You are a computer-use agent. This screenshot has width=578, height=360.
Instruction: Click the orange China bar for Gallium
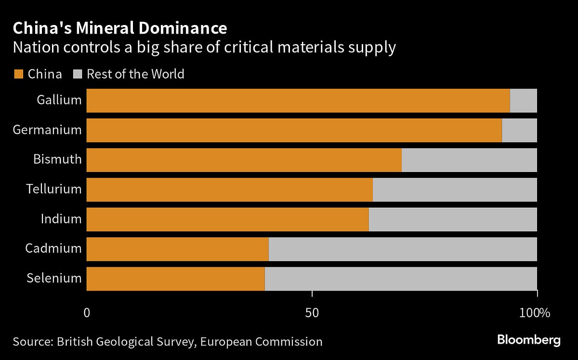(298, 101)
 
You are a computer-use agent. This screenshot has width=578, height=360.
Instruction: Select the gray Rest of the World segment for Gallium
(523, 101)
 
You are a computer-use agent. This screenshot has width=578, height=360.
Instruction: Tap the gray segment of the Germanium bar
(519, 130)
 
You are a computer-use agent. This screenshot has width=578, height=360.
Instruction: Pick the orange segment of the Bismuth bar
(244, 160)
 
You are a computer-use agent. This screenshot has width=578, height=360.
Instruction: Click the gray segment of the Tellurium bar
(455, 190)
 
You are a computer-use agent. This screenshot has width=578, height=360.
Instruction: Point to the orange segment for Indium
(227, 219)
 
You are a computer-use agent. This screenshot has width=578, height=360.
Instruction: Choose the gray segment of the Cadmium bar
(403, 249)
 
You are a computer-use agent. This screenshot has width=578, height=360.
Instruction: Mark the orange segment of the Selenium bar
(175, 279)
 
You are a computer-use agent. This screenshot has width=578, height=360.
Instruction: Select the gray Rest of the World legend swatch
(78, 74)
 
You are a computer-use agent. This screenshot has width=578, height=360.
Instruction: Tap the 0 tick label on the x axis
(87, 313)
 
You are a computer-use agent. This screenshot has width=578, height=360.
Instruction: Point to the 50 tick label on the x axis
(313, 313)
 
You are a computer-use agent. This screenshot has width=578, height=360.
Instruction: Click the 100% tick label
(535, 313)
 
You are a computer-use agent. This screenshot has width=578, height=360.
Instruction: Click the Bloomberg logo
(528, 340)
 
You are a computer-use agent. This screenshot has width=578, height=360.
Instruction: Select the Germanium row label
(47, 130)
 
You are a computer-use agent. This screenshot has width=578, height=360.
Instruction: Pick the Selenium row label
(54, 278)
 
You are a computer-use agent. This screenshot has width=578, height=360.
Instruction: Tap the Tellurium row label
(54, 189)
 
